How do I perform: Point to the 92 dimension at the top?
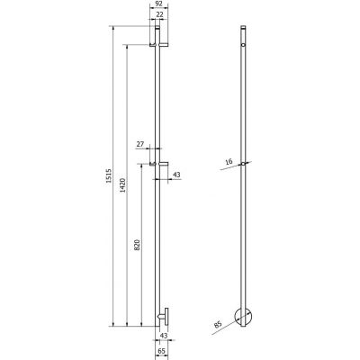coord(160,4)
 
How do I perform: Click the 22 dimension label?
coord(160,16)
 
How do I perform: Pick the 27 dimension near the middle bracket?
coord(139,144)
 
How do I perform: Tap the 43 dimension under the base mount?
coord(164,337)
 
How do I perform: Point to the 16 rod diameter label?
coord(229,161)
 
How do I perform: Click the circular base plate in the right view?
coord(244,316)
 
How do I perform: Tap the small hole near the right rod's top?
coord(244,42)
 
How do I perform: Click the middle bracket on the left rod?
coord(158,164)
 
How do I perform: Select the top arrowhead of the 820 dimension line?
coord(142,166)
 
